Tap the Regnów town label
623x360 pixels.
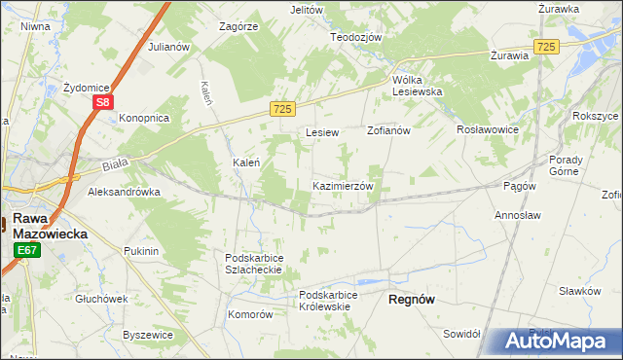(x=411, y=300)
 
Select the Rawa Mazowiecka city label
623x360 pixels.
(x=50, y=227)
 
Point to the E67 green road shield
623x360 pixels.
(x=27, y=251)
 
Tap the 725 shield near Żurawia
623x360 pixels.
(x=547, y=47)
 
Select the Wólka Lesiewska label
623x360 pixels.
(x=417, y=85)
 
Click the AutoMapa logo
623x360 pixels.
(x=558, y=342)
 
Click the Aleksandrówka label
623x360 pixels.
(x=124, y=193)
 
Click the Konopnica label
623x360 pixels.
(x=144, y=118)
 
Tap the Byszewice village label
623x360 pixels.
(x=148, y=334)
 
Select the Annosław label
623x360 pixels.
(x=517, y=214)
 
